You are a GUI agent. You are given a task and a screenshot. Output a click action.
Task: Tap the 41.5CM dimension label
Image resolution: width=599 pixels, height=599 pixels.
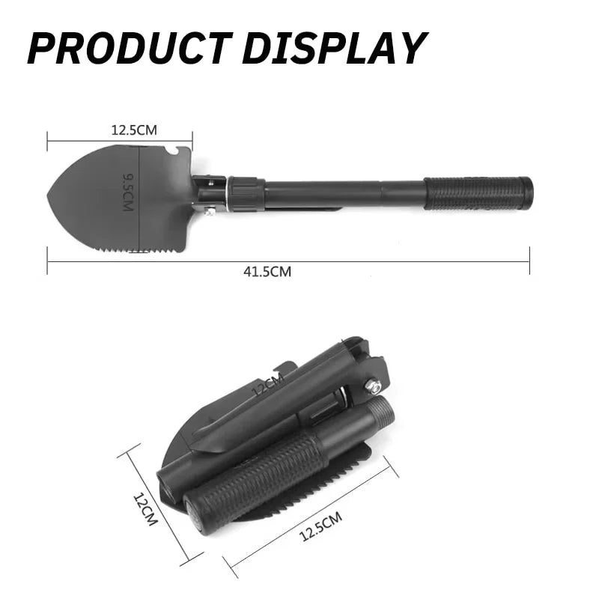pos(267,272)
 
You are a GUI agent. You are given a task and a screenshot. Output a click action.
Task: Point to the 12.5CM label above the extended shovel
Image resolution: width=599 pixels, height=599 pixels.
pos(134,130)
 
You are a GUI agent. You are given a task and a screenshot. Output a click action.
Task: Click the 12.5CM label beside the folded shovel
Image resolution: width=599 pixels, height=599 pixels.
pos(320,526)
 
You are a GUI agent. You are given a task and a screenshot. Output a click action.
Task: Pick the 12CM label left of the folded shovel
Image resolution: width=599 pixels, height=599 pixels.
pos(145,509)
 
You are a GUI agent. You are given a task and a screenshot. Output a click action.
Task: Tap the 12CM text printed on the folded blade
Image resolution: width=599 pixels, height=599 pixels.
pos(267,387)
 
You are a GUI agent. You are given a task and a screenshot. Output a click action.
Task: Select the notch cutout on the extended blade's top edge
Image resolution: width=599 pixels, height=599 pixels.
pos(173,152)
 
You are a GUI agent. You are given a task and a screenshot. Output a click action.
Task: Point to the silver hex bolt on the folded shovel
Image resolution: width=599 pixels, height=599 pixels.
pos(372,386)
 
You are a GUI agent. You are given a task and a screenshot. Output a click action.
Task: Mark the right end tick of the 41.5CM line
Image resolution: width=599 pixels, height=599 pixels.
pos(529,261)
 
